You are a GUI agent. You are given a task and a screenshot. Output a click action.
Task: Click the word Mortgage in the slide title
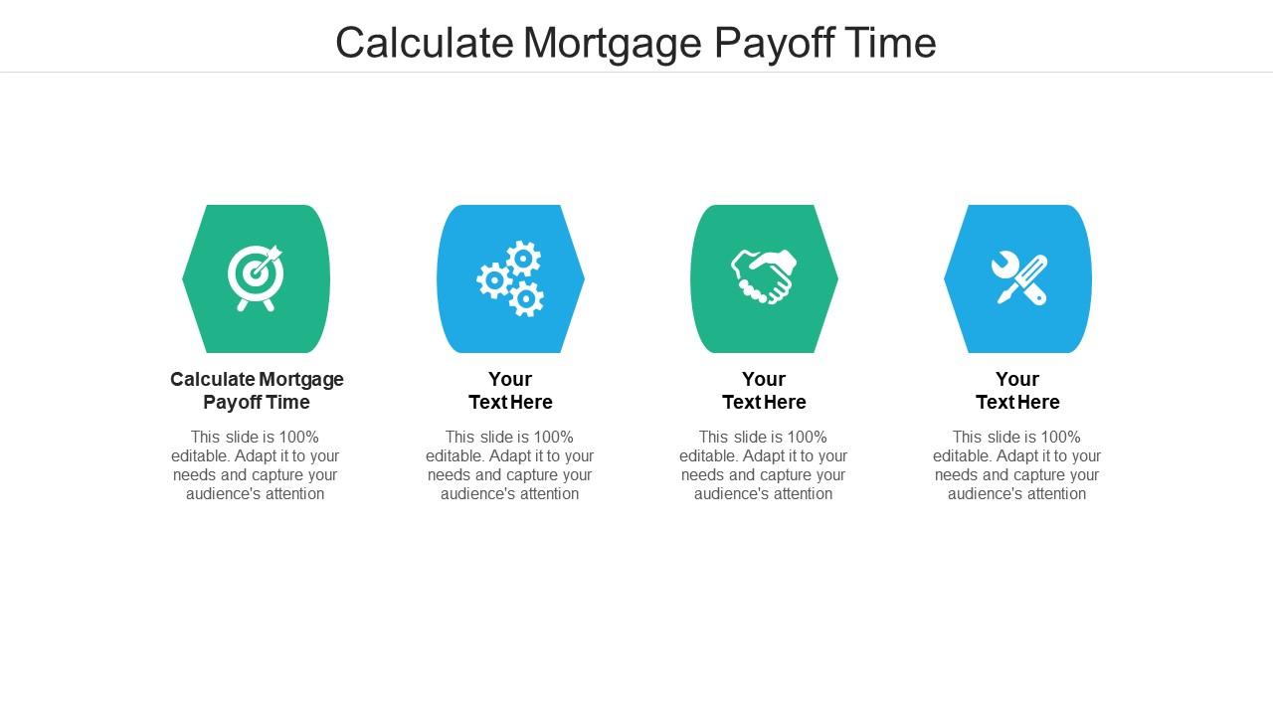tap(614, 44)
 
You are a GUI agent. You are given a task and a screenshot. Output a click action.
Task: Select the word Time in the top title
tap(892, 44)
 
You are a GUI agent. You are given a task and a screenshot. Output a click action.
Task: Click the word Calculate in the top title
tap(425, 44)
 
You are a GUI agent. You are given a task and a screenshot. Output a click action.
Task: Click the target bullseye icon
tap(255, 277)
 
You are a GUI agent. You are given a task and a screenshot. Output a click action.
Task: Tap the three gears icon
tap(510, 279)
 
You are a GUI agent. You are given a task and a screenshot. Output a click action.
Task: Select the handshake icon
tap(764, 276)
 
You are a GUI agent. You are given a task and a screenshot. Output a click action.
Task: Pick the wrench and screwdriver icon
tap(1018, 278)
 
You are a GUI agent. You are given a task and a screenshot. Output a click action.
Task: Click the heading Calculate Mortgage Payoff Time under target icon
tap(257, 391)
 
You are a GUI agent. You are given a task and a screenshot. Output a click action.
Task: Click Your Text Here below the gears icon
tap(510, 391)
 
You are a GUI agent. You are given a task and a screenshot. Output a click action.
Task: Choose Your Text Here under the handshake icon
tap(764, 391)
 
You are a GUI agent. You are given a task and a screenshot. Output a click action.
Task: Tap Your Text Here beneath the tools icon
tap(1017, 391)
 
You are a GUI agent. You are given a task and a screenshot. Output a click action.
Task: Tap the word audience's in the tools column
tap(983, 494)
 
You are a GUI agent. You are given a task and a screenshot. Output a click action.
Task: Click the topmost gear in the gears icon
tap(524, 259)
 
